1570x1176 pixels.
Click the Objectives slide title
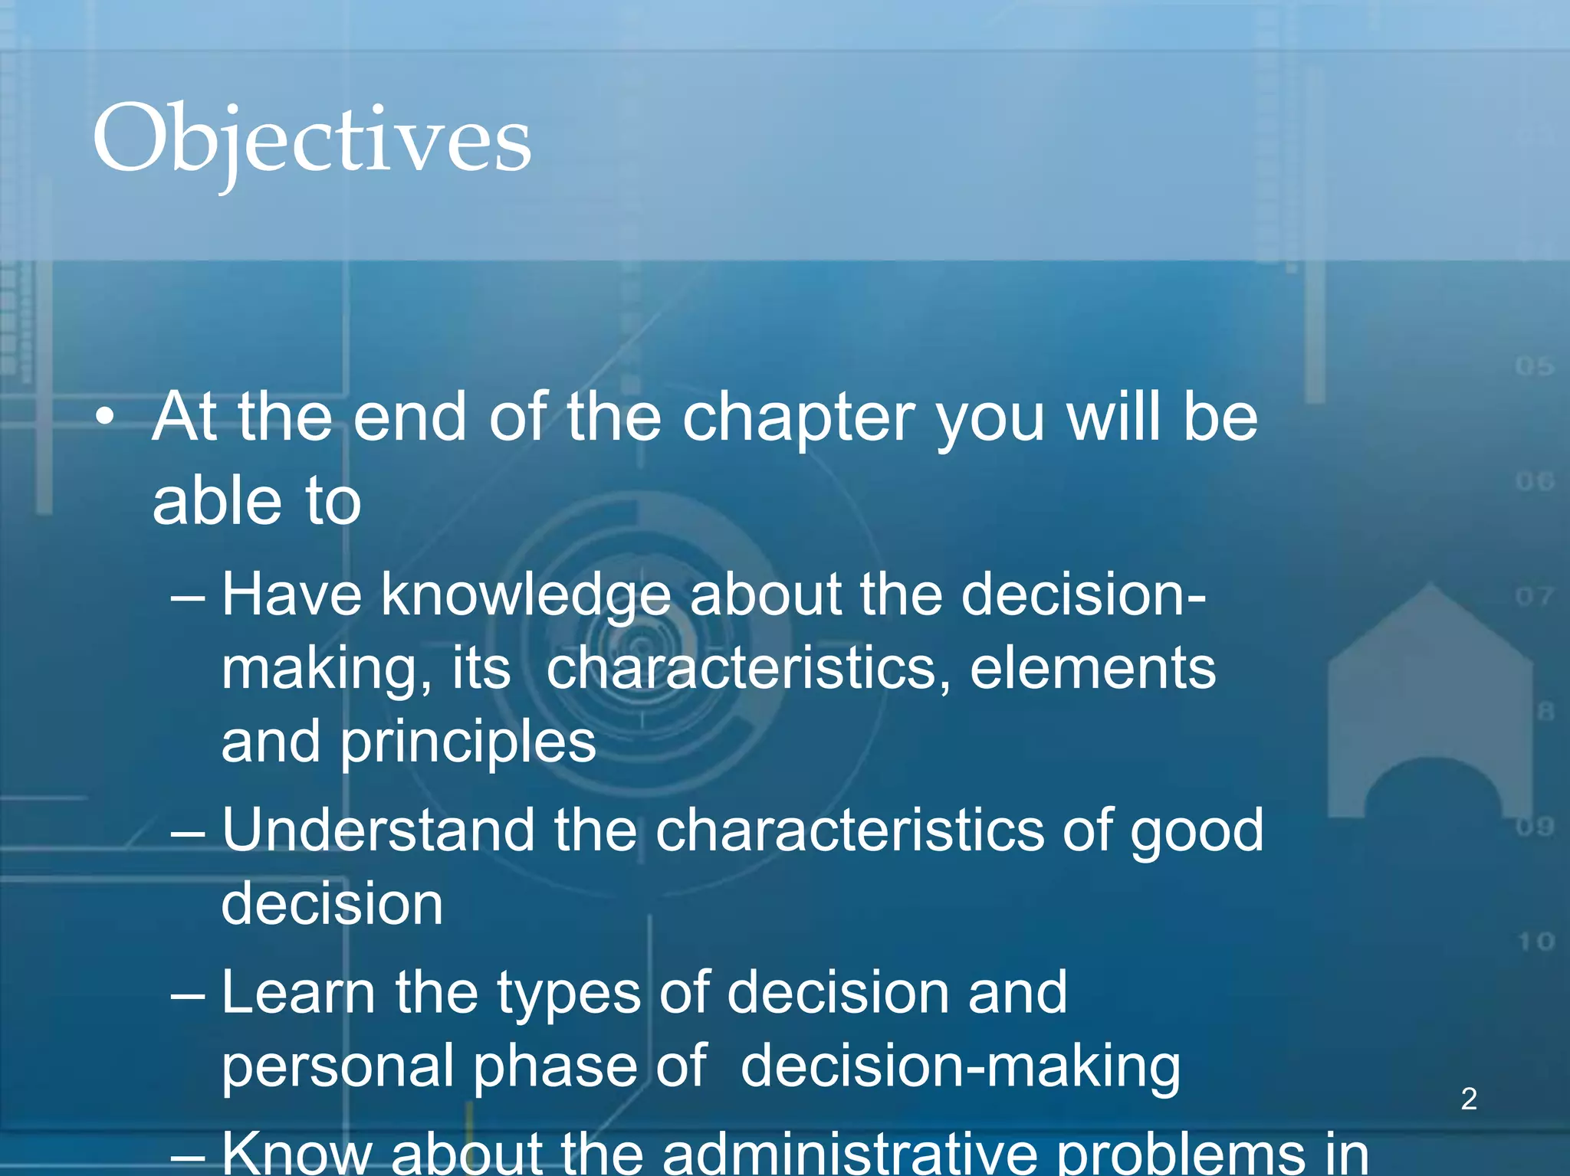[311, 140]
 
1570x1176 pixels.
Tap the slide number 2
[1469, 1099]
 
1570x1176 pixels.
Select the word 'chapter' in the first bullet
[798, 419]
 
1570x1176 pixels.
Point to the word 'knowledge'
[526, 595]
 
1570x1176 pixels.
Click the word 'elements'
[1092, 668]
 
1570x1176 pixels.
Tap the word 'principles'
[468, 742]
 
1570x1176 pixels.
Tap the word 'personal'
[337, 1066]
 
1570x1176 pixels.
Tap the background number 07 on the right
[1534, 596]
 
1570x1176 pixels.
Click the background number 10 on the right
[1536, 941]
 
